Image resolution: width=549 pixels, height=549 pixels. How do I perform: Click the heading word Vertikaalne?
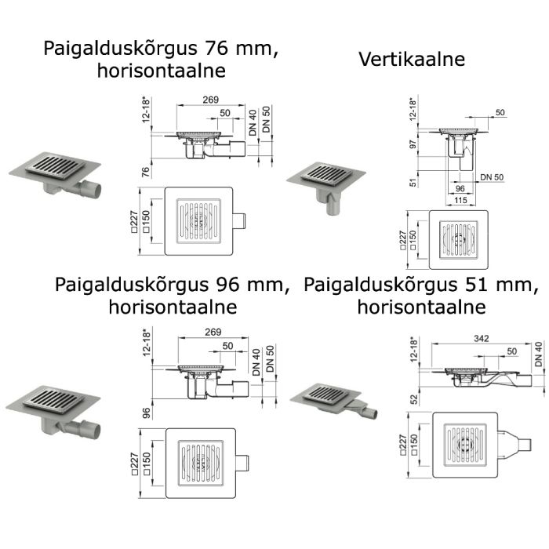click(412, 59)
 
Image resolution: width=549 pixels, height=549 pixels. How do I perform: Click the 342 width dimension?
click(481, 339)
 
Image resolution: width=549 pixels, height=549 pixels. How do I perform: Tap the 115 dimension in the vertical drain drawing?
click(460, 200)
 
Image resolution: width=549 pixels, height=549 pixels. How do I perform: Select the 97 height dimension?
click(413, 144)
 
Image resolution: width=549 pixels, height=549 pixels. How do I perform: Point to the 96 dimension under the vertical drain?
click(460, 188)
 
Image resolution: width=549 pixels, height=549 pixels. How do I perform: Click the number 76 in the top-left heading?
click(216, 48)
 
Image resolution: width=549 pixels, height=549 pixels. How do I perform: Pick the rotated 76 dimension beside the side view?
click(145, 172)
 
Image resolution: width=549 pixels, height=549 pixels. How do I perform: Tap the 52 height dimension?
click(414, 399)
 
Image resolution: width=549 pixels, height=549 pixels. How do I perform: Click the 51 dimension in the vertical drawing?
click(413, 183)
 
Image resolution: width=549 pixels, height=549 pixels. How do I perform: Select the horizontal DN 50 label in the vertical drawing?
click(492, 177)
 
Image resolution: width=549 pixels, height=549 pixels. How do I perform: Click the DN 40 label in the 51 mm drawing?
click(539, 354)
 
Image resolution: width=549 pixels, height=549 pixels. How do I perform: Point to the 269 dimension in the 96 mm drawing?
click(213, 332)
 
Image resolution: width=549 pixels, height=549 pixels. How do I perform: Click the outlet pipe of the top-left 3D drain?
click(90, 188)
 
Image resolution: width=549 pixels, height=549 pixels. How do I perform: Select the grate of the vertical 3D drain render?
click(327, 173)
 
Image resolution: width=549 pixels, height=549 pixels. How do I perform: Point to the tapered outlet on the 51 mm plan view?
click(514, 445)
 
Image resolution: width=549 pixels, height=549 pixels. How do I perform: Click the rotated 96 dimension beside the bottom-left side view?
click(147, 413)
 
